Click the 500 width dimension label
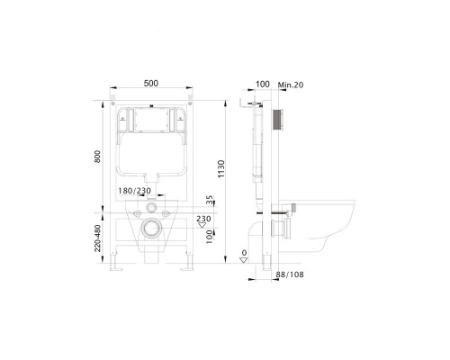point(151,83)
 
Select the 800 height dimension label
point(97,157)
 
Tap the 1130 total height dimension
point(221,169)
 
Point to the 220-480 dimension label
point(97,238)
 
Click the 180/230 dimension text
point(135,191)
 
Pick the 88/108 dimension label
point(290,274)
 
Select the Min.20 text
point(291,85)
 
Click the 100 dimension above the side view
point(263,84)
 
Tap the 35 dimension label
point(210,200)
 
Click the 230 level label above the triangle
point(203,219)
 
